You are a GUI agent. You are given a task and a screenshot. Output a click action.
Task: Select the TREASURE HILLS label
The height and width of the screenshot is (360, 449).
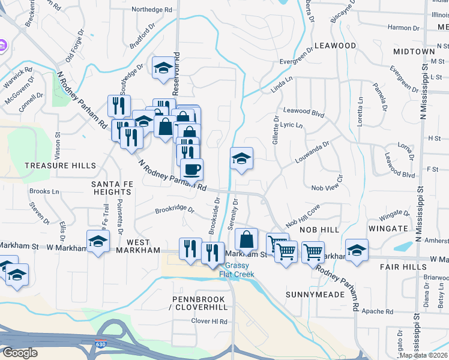pyautogui.click(x=60, y=166)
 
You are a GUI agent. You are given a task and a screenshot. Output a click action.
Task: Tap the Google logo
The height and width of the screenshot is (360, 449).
pyautogui.click(x=19, y=353)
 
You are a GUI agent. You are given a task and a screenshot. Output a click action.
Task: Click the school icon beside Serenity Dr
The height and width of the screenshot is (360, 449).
pyautogui.click(x=242, y=158)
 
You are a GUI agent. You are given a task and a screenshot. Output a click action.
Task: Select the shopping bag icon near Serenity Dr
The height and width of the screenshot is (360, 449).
pyautogui.click(x=246, y=239)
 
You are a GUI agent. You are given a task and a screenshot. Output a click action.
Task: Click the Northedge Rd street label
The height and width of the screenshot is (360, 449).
pyautogui.click(x=151, y=10)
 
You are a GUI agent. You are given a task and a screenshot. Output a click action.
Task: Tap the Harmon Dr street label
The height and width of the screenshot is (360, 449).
pyautogui.click(x=403, y=28)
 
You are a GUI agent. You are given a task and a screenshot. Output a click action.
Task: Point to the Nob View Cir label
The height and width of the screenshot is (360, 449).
pyautogui.click(x=327, y=188)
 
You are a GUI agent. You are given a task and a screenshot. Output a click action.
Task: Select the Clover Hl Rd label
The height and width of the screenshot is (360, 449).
pyautogui.click(x=209, y=322)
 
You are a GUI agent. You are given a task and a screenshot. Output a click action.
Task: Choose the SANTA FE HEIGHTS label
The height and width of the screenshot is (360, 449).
pyautogui.click(x=111, y=188)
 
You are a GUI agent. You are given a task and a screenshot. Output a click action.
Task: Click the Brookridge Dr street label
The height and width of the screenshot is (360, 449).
pyautogui.click(x=175, y=210)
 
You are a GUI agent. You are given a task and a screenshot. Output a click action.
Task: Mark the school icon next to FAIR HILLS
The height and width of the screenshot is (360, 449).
pyautogui.click(x=357, y=250)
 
